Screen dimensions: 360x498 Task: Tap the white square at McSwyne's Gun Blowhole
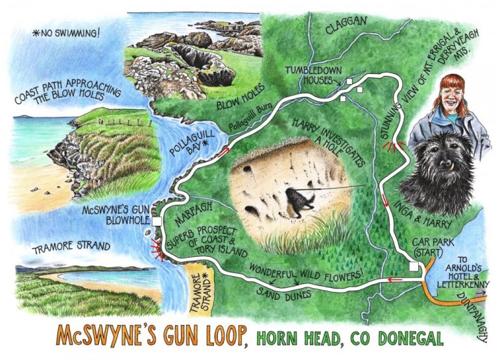(157, 222)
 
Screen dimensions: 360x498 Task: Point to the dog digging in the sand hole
(300, 198)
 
